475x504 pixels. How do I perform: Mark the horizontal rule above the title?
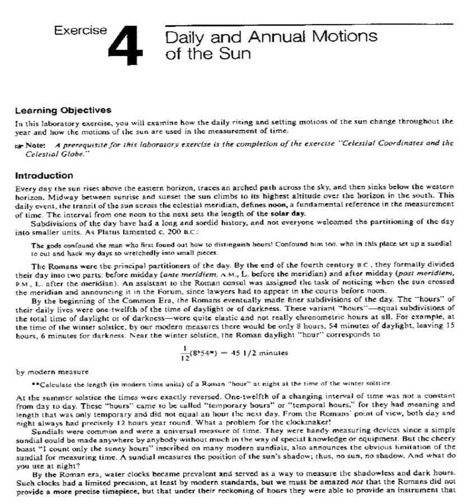pyautogui.click(x=308, y=25)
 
